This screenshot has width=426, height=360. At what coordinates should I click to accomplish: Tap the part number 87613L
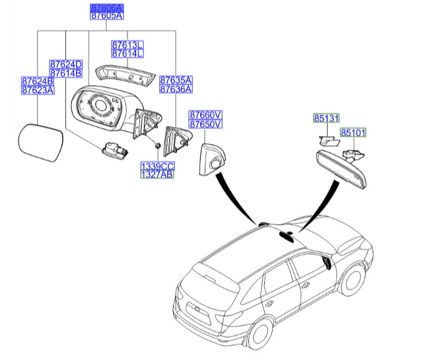(127, 44)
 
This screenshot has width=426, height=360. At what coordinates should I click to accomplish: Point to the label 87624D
(65, 64)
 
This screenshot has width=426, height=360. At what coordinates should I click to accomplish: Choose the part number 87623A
(38, 90)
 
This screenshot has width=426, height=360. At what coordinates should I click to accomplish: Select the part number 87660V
(206, 114)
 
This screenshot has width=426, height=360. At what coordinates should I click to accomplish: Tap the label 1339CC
(156, 166)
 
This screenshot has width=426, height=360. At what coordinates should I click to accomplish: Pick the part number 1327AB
(156, 176)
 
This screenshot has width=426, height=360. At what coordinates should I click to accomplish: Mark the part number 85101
(353, 133)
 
